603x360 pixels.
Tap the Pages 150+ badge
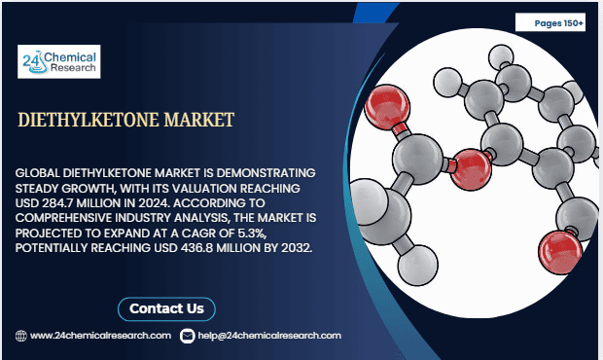tap(558, 21)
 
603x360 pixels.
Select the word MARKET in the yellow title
tap(199, 121)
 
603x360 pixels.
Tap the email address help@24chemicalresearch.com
tap(269, 335)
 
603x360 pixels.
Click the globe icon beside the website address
tap(20, 335)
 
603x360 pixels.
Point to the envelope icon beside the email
tap(188, 335)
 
